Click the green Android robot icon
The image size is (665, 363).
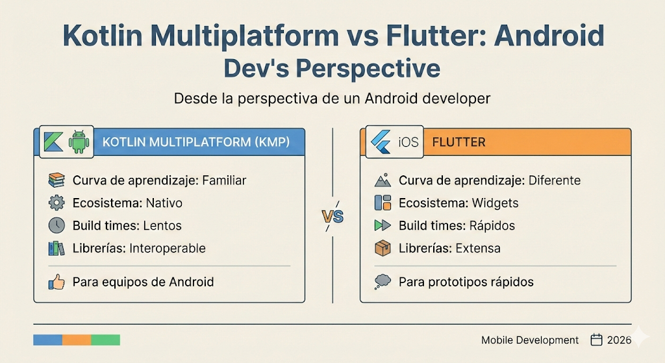pos(79,142)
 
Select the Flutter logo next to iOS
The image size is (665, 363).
pos(379,142)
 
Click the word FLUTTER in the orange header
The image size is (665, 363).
pos(458,142)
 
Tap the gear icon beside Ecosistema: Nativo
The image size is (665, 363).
pos(56,203)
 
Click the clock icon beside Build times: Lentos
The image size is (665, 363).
pos(56,225)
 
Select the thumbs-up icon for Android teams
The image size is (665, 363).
pos(56,282)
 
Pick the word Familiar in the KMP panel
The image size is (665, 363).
pos(225,181)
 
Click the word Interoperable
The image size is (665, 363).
pos(168,248)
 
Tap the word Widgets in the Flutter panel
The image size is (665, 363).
pos(494,203)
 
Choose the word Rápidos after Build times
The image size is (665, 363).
pos(491,225)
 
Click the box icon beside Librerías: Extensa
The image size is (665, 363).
pos(383,248)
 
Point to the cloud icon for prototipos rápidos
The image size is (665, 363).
pos(383,282)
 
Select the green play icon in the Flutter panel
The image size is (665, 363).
pos(383,225)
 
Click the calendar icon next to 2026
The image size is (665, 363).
pos(597,340)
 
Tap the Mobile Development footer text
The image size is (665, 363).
pos(530,340)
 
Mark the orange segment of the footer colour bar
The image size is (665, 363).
pos(77,340)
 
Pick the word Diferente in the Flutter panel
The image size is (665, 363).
pos(554,181)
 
